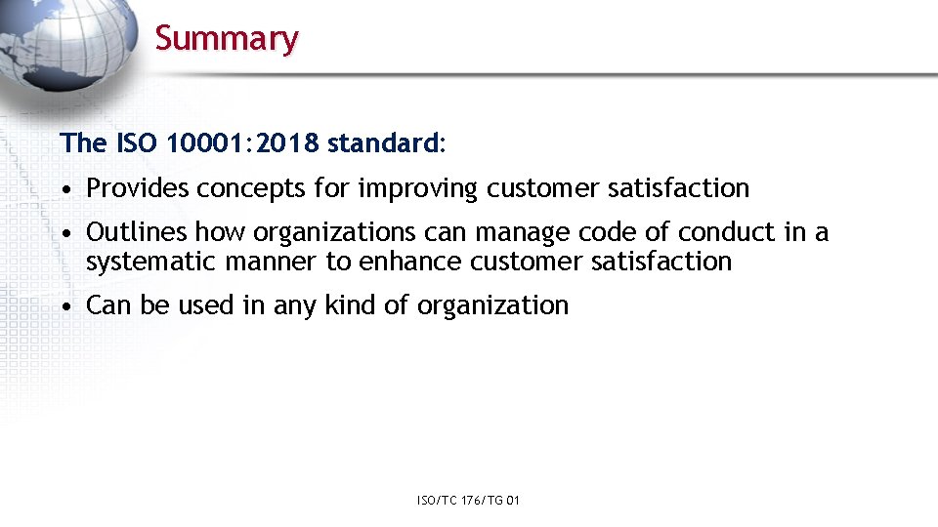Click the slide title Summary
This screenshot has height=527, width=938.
[227, 38]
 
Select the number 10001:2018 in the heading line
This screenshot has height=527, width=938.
[243, 143]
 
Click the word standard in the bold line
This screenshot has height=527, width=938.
[384, 143]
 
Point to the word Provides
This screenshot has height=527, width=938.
[138, 188]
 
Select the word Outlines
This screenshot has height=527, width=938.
[137, 232]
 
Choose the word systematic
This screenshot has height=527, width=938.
[151, 262]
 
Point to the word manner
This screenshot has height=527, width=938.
[271, 262]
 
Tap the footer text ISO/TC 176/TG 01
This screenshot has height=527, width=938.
[468, 501]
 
